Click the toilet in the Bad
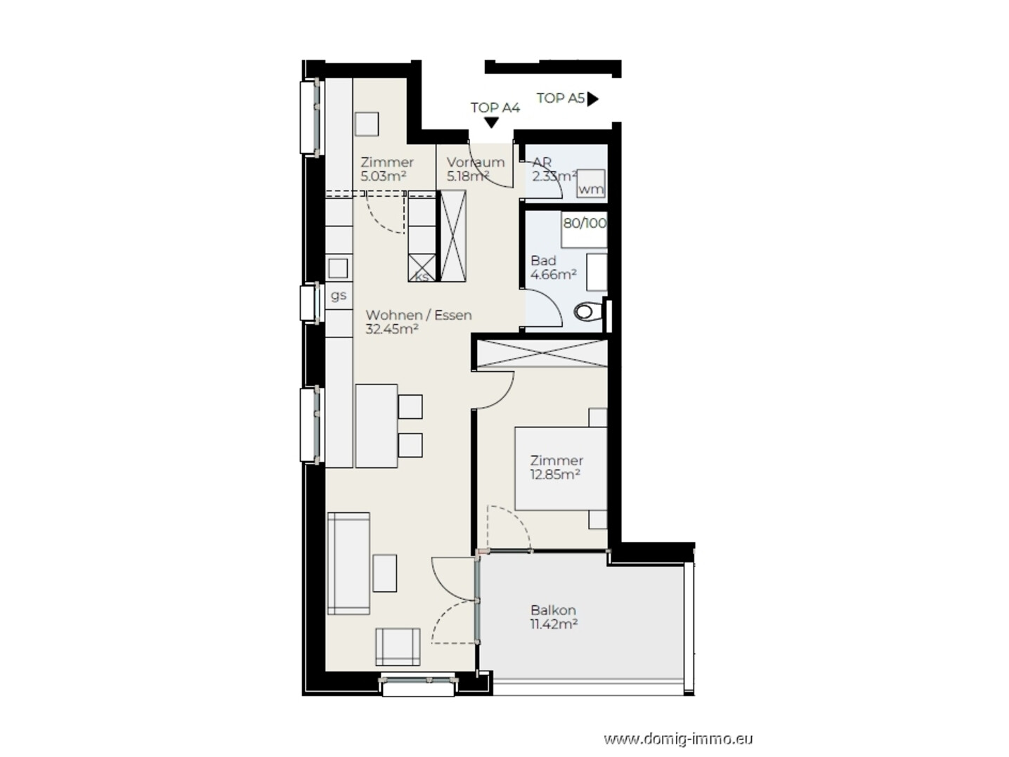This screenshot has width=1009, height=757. click(x=590, y=311)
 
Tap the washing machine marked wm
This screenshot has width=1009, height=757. click(x=591, y=183)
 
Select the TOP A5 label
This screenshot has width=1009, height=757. click(x=560, y=98)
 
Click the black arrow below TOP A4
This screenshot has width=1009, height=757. click(x=491, y=123)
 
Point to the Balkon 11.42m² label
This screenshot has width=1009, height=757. click(x=554, y=617)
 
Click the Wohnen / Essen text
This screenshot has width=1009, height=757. click(x=419, y=316)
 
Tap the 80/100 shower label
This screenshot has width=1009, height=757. click(x=585, y=224)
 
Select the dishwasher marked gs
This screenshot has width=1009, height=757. click(x=339, y=295)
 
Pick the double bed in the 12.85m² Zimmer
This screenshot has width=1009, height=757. click(x=560, y=468)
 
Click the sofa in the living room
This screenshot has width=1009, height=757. click(x=349, y=564)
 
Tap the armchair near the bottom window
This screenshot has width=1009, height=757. click(x=398, y=647)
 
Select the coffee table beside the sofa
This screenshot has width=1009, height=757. click(x=384, y=573)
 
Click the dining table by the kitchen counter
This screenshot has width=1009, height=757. click(x=377, y=426)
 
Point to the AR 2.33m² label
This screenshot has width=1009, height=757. click(x=554, y=169)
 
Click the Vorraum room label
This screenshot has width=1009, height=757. click(x=476, y=162)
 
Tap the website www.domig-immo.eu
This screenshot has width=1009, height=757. click(x=678, y=739)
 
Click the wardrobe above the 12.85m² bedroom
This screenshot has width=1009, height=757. click(x=542, y=353)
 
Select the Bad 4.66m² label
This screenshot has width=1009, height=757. click(x=554, y=268)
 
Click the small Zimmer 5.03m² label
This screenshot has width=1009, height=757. click(x=387, y=169)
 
